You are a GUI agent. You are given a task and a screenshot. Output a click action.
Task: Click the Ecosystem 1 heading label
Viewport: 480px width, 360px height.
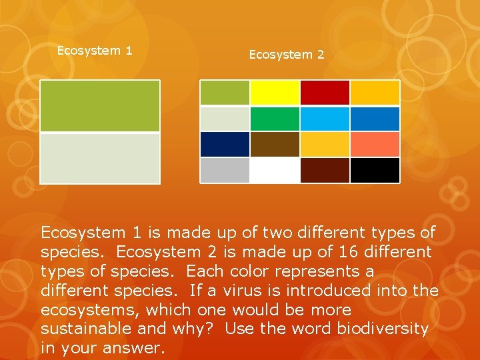click(x=95, y=51)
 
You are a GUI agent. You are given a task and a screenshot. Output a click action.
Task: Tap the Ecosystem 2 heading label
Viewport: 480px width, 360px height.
click(x=287, y=55)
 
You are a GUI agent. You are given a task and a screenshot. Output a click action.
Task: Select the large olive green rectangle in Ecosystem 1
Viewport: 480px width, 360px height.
click(x=100, y=106)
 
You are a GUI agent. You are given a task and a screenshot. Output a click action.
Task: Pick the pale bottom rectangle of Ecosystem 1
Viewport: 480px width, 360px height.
click(x=100, y=158)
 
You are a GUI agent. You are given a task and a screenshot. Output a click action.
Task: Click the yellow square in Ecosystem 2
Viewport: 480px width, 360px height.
click(x=275, y=93)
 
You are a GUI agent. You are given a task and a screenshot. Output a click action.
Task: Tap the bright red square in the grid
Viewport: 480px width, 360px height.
click(x=325, y=93)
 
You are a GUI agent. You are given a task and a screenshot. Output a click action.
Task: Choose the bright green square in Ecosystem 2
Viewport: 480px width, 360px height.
click(x=275, y=119)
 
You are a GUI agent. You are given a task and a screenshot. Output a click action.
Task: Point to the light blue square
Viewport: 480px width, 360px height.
click(x=325, y=119)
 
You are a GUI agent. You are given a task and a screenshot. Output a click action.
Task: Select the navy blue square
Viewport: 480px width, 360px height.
click(x=225, y=144)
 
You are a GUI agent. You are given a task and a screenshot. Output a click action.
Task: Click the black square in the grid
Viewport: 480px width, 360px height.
click(x=375, y=170)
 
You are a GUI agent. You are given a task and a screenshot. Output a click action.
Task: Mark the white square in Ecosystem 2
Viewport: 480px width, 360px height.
click(x=275, y=170)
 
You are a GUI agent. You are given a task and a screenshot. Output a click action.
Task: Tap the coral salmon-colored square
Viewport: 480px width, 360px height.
click(x=375, y=144)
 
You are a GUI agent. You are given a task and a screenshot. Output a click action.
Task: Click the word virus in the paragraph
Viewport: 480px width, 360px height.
click(x=267, y=291)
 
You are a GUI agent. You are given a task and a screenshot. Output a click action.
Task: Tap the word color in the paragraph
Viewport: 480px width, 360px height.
click(x=257, y=271)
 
